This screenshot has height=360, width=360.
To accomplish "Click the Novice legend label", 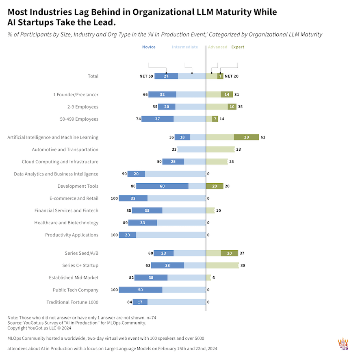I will [x=149, y=47].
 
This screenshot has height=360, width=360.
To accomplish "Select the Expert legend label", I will [x=238, y=47].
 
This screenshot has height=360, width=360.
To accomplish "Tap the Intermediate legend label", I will [x=185, y=47].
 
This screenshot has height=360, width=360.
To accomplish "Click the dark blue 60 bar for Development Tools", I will [x=162, y=186].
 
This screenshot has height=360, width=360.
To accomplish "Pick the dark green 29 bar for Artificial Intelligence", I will [x=246, y=137].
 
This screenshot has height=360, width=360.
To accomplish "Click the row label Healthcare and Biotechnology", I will [x=72, y=223].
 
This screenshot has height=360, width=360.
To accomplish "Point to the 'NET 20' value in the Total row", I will [x=232, y=76].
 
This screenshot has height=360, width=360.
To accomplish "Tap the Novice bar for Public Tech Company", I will [x=141, y=290].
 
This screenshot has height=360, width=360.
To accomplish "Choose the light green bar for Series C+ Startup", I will [x=222, y=265].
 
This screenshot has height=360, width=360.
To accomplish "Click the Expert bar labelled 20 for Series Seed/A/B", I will [x=229, y=253].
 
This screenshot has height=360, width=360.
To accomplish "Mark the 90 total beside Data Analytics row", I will [x=125, y=174].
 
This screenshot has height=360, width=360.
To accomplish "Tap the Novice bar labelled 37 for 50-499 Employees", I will [x=158, y=119].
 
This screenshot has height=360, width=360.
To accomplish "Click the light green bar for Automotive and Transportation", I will [x=220, y=150].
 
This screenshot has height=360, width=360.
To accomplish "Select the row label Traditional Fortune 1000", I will [x=72, y=302].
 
